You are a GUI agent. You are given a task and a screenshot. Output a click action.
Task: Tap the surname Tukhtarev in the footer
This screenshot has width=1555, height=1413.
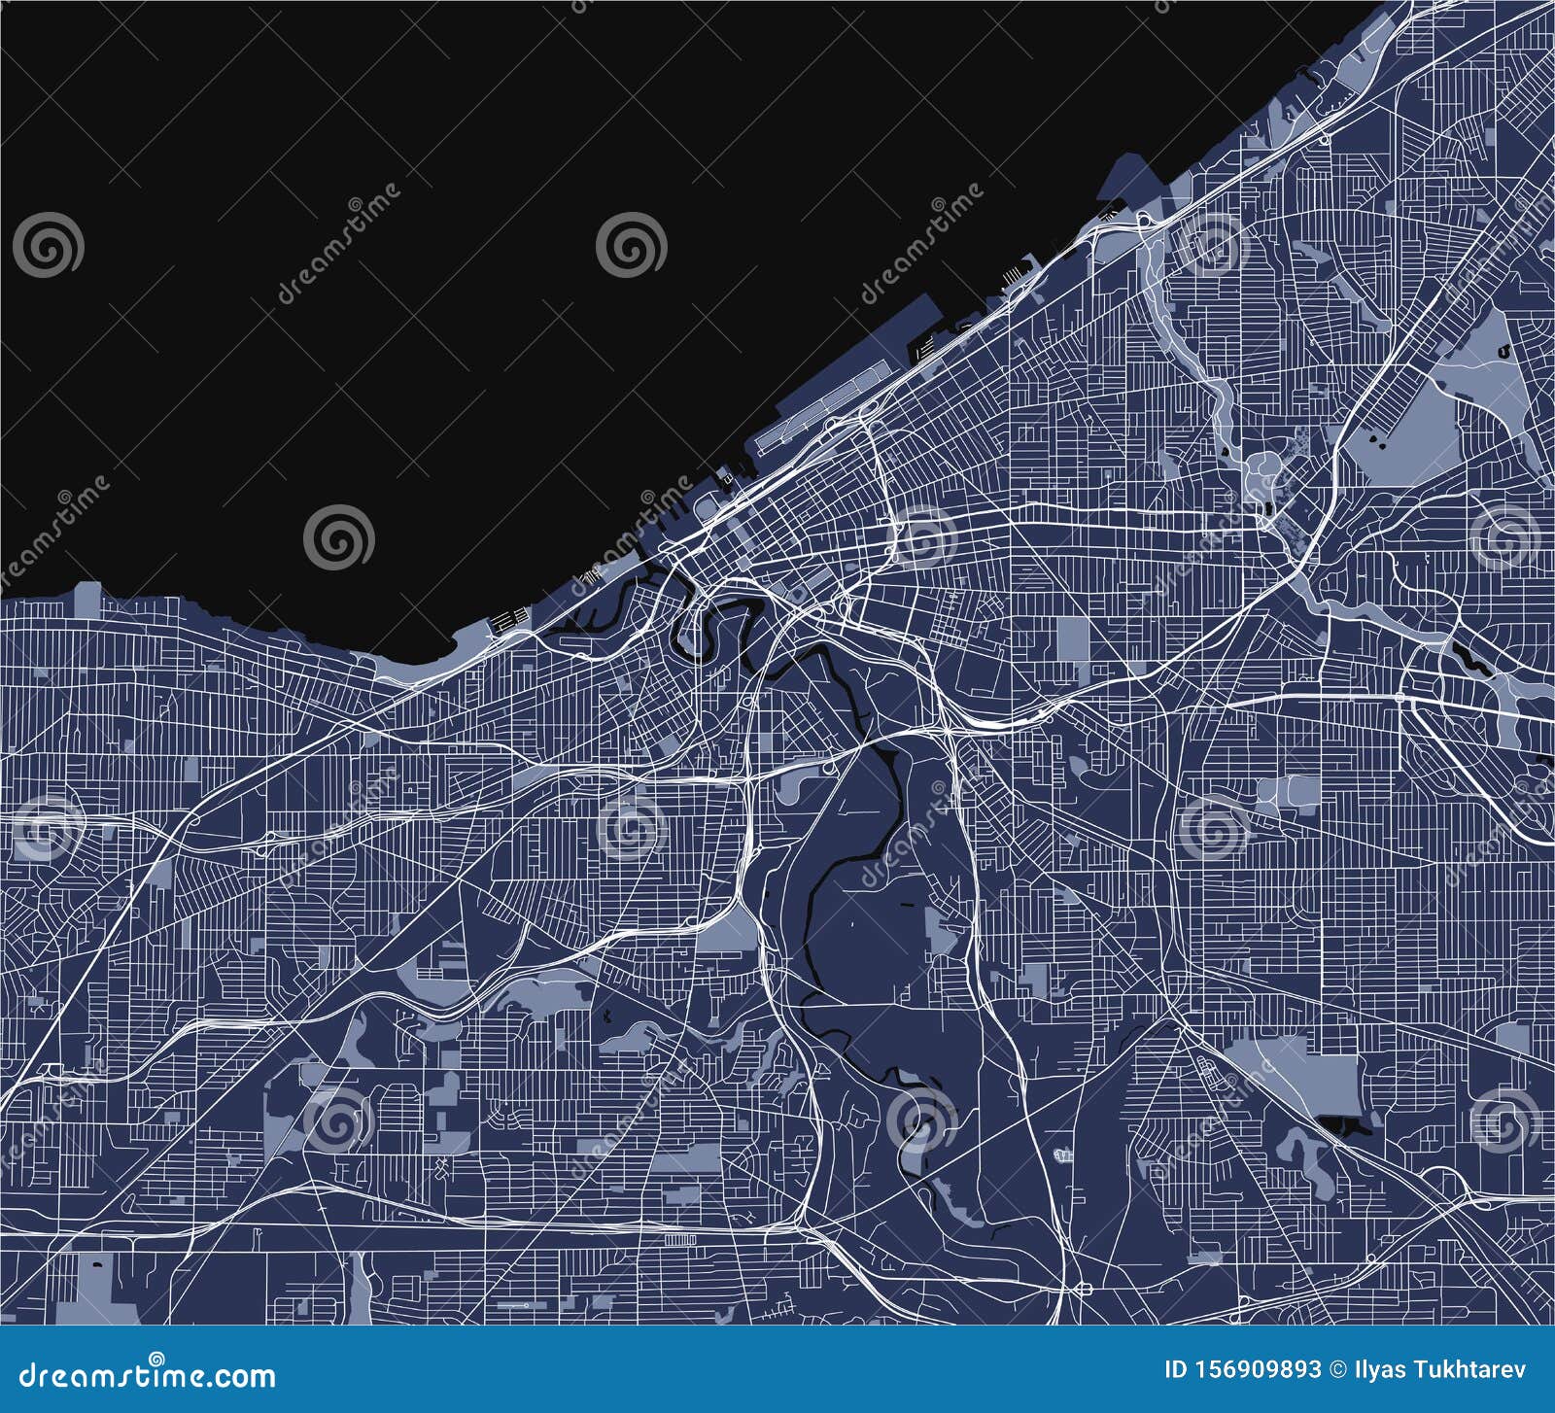(x=1470, y=1370)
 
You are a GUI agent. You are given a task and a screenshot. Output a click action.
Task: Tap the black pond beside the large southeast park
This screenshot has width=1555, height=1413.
(x=1347, y=1126)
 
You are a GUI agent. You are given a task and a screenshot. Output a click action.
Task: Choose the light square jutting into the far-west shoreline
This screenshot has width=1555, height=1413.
(x=87, y=599)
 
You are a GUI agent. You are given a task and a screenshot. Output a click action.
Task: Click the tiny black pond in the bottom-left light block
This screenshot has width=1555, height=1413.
(x=97, y=1263)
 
